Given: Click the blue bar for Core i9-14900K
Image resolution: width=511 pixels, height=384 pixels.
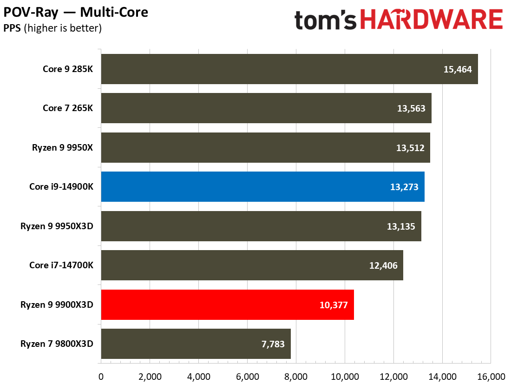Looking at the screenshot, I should [262, 187].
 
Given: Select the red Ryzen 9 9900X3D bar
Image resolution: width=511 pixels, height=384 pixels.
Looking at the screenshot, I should [227, 305].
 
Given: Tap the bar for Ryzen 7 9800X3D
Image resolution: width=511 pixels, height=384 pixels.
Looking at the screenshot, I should [196, 344].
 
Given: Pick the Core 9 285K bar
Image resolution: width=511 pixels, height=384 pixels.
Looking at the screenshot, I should [289, 69].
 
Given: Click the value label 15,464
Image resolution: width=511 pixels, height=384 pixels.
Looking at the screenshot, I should [458, 70].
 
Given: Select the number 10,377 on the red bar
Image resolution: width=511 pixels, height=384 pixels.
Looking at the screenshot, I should [334, 305].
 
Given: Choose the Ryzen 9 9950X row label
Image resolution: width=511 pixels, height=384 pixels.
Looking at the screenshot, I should [62, 148].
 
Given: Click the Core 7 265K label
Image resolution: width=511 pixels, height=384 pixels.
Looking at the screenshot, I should [68, 108].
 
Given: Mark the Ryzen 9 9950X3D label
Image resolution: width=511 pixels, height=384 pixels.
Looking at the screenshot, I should [57, 226].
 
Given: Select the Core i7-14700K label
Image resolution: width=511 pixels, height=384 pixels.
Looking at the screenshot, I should [61, 265].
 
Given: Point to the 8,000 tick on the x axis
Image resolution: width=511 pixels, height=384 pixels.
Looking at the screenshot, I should [296, 376].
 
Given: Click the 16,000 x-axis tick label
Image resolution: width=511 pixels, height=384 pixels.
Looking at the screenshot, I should [491, 376].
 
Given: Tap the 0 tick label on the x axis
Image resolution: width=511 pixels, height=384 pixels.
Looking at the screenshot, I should [101, 376].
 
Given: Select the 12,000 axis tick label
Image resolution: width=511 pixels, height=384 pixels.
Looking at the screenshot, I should [393, 376].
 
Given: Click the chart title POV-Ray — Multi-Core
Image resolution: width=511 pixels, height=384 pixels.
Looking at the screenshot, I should [76, 12].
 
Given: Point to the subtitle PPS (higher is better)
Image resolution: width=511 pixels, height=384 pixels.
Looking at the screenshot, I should [52, 28].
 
